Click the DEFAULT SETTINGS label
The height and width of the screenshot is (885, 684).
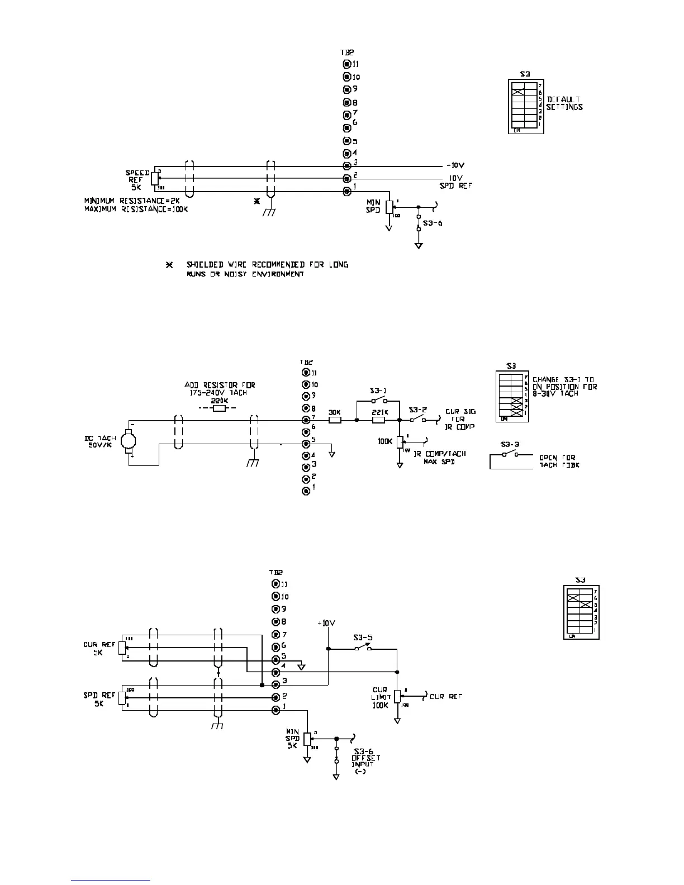pyautogui.click(x=564, y=103)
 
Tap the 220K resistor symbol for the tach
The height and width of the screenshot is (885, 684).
pyautogui.click(x=220, y=408)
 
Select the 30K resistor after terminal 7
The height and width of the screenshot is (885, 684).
pyautogui.click(x=335, y=420)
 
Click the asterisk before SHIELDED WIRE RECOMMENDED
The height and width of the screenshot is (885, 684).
pyautogui.click(x=170, y=265)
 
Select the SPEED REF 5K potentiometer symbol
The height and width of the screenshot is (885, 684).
pyautogui.click(x=154, y=178)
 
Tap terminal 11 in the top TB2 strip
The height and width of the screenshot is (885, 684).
pyautogui.click(x=346, y=64)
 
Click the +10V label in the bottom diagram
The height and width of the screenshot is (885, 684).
pyautogui.click(x=327, y=623)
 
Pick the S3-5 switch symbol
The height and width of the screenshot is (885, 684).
pyautogui.click(x=363, y=649)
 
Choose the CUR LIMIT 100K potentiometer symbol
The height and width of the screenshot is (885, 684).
pyautogui.click(x=397, y=697)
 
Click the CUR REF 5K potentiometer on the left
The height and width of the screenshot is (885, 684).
pyautogui.click(x=122, y=650)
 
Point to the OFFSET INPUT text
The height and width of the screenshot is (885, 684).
pyautogui.click(x=363, y=761)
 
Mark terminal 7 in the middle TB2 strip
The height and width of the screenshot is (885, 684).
pyautogui.click(x=306, y=420)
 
